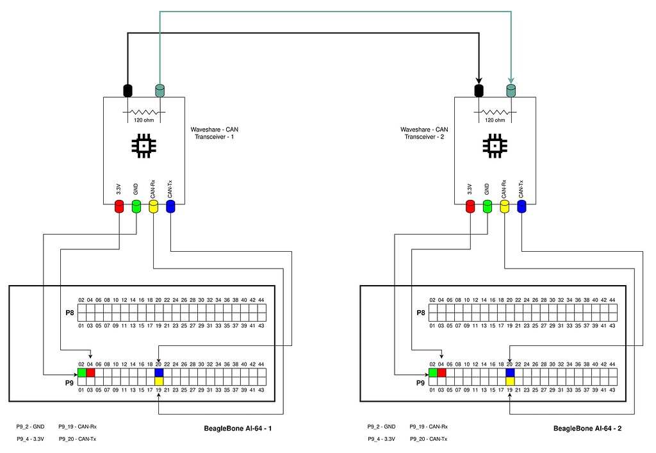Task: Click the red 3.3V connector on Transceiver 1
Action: pos(119,206)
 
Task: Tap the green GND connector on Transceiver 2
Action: pos(487,206)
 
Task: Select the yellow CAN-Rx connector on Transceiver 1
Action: pos(153,206)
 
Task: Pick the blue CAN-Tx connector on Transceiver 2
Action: pos(521,206)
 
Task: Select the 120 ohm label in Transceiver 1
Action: pos(143,120)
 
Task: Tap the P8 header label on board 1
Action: pos(70,313)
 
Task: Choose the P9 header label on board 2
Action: pos(420,383)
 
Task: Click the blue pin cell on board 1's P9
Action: pos(159,372)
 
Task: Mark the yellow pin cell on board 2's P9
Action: pos(510,381)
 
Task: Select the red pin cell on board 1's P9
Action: pos(90,372)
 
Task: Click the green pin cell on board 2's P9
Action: pos(432,372)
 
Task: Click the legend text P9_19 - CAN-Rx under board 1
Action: pos(77,426)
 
